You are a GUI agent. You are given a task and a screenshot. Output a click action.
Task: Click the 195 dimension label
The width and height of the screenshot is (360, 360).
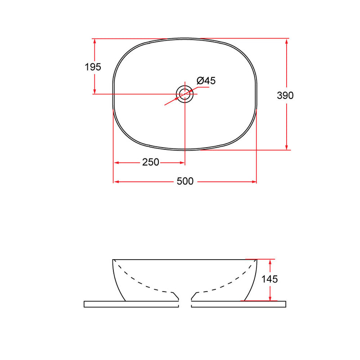[93, 67]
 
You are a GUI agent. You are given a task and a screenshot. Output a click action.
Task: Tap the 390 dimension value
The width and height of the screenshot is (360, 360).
[285, 95]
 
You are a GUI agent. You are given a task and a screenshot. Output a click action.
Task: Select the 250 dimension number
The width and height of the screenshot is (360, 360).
[151, 162]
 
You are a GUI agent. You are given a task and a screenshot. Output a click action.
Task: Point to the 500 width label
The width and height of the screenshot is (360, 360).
[185, 181]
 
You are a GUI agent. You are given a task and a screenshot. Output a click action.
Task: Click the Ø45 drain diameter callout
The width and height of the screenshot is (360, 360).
[206, 81]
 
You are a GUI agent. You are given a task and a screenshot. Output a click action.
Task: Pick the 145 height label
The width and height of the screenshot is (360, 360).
[270, 279]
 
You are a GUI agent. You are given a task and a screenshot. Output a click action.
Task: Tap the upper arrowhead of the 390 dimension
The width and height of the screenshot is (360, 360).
[286, 41]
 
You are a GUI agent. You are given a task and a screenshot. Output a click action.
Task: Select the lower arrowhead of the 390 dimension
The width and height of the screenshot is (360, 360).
[286, 147]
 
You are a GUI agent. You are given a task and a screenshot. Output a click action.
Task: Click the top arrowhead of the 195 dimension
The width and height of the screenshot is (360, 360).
[94, 41]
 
